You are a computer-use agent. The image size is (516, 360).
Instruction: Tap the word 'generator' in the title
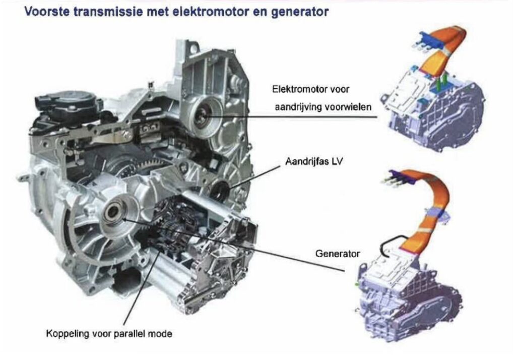pos(300,12)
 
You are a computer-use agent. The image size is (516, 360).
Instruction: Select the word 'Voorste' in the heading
pos(47,12)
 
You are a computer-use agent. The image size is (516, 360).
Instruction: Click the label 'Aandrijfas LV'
pos(314,162)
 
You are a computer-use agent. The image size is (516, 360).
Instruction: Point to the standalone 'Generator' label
pos(338,254)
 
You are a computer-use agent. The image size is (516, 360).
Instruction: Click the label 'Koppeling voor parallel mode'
pos(109,334)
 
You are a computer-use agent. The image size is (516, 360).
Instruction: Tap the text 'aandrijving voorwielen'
pos(323,107)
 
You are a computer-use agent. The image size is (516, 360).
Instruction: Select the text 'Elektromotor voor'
pos(310,89)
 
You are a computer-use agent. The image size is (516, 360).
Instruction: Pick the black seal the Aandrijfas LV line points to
pos(220,190)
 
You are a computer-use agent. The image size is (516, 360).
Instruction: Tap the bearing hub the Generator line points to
pos(113,212)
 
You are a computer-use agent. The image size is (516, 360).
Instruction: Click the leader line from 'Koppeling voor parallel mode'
pos(143,285)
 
